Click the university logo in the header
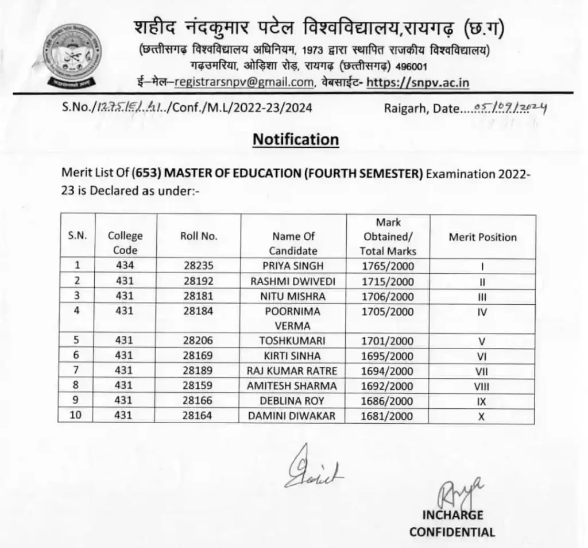tap(74, 55)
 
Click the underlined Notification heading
tap(296, 139)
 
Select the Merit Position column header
tap(482, 237)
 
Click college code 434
tap(125, 266)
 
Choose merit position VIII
tap(482, 386)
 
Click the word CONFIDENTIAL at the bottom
tap(452, 532)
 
